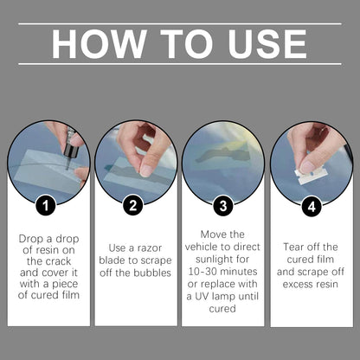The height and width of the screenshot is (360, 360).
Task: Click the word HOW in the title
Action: coord(99,44)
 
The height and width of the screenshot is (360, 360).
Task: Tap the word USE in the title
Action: coord(267,44)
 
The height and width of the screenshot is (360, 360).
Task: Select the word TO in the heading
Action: coord(187,44)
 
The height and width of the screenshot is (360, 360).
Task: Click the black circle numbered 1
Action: coord(46,206)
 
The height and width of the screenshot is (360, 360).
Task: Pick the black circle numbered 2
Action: coord(132,206)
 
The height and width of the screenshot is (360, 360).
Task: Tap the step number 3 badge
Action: coord(223,206)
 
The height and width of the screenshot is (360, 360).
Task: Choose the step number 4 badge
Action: coord(312,207)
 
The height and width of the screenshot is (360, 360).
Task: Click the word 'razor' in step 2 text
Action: coord(150,248)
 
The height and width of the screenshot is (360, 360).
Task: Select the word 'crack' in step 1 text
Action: coord(57,261)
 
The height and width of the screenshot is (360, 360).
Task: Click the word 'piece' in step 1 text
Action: coord(65,284)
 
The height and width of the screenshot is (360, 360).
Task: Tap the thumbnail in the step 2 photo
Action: coord(147,170)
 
